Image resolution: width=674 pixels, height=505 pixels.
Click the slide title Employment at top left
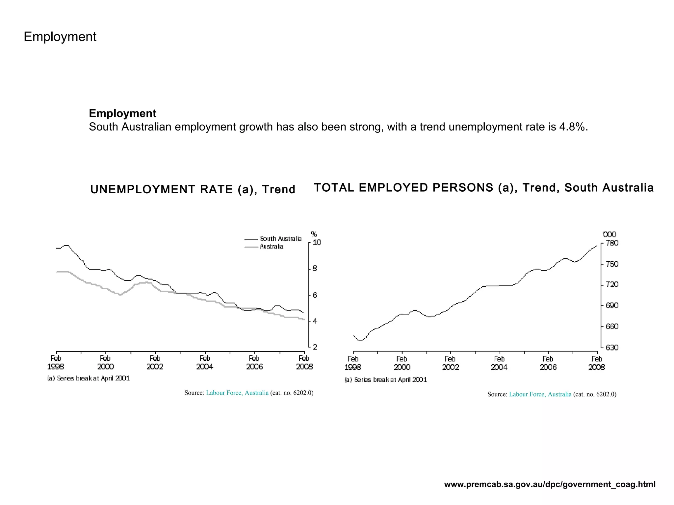[60, 36]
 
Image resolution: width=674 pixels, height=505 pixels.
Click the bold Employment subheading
[122, 113]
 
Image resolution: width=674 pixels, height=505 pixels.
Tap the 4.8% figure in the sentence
[573, 127]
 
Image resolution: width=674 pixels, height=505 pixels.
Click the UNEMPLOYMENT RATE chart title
[193, 189]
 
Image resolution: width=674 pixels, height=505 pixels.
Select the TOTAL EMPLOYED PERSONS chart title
[483, 187]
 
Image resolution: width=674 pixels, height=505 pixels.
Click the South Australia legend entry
[280, 239]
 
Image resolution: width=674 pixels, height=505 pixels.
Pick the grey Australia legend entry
[271, 247]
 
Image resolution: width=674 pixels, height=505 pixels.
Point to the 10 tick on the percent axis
[317, 243]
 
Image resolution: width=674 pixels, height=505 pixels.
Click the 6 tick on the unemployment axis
[315, 295]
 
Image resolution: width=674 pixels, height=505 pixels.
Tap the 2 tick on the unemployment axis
[315, 347]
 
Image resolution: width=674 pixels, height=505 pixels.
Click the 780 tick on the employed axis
[612, 243]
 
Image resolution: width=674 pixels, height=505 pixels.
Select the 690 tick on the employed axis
[612, 306]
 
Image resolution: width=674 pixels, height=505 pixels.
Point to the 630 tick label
[612, 348]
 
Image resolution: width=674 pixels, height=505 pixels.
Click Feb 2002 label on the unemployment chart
[155, 362]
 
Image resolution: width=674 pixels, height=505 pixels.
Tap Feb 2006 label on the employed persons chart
[548, 363]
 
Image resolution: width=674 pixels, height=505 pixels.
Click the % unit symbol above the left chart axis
[314, 234]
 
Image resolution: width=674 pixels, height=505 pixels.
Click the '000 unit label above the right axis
[609, 234]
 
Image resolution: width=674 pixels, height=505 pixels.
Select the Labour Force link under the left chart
[237, 393]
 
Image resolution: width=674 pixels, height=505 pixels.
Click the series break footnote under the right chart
[385, 380]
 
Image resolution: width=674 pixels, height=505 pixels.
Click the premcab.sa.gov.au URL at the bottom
[550, 484]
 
